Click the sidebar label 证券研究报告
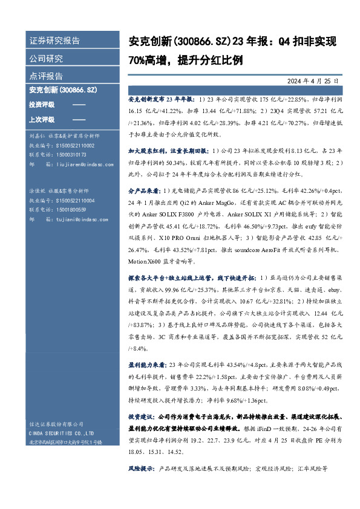[54, 41]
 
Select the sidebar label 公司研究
[46, 59]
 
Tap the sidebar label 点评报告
[46, 76]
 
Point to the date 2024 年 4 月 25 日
[312, 80]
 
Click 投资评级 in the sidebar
[41, 105]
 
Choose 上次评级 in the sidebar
[41, 119]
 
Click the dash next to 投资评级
[79, 105]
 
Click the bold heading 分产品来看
[143, 207]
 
